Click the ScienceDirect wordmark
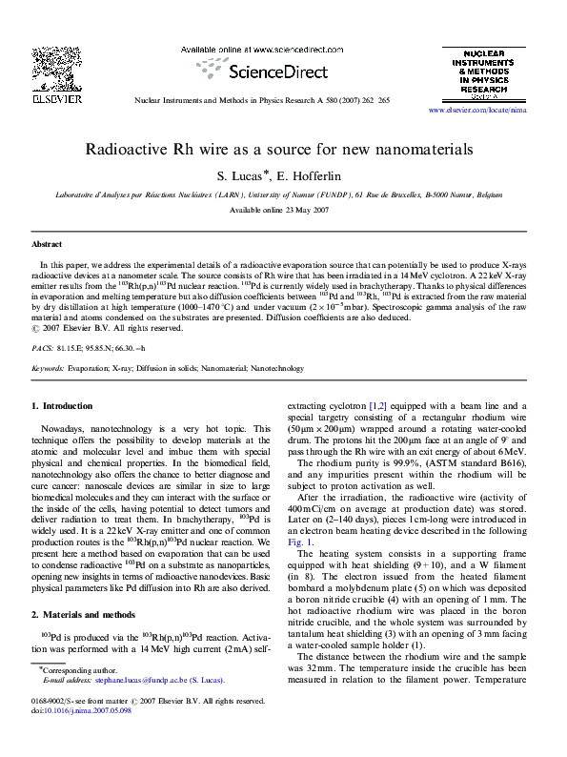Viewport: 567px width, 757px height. [255, 70]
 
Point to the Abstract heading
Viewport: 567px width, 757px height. [47, 245]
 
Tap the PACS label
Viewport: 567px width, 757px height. [41, 348]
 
